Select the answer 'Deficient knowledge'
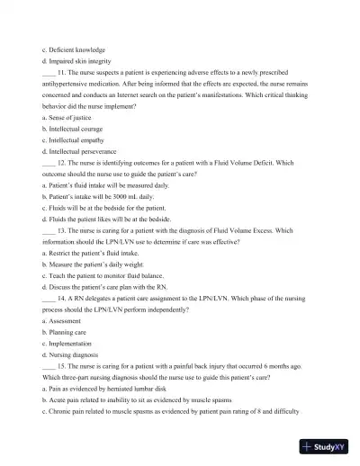pyautogui.click(x=76, y=49)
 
